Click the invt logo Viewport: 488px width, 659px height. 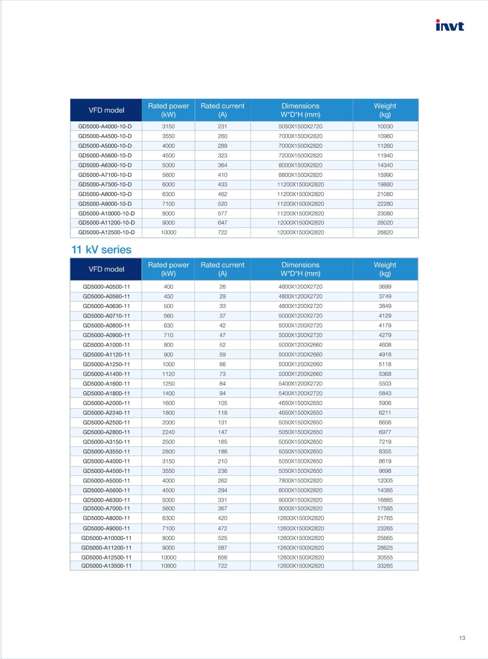(449, 26)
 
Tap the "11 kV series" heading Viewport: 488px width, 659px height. (101, 250)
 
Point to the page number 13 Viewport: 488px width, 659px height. (462, 638)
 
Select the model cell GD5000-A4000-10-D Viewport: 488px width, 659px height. (105, 126)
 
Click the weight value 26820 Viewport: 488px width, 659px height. (385, 232)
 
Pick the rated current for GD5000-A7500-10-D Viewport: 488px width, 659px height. (222, 185)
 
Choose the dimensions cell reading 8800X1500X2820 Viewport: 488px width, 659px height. (300, 175)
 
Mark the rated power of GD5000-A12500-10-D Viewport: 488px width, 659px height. (168, 232)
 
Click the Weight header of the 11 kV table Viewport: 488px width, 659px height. (385, 269)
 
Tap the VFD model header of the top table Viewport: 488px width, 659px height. (106, 110)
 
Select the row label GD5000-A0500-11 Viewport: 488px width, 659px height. (106, 287)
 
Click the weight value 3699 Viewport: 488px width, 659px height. (385, 287)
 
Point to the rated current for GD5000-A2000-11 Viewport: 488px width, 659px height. (222, 403)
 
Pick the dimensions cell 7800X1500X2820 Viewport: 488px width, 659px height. (300, 480)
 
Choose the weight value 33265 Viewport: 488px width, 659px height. (385, 566)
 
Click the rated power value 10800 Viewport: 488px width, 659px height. (168, 566)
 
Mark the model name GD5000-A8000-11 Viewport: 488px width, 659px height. (106, 518)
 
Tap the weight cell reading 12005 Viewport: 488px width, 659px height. (385, 480)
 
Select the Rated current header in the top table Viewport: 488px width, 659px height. (222, 110)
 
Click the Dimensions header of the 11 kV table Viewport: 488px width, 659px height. (300, 269)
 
